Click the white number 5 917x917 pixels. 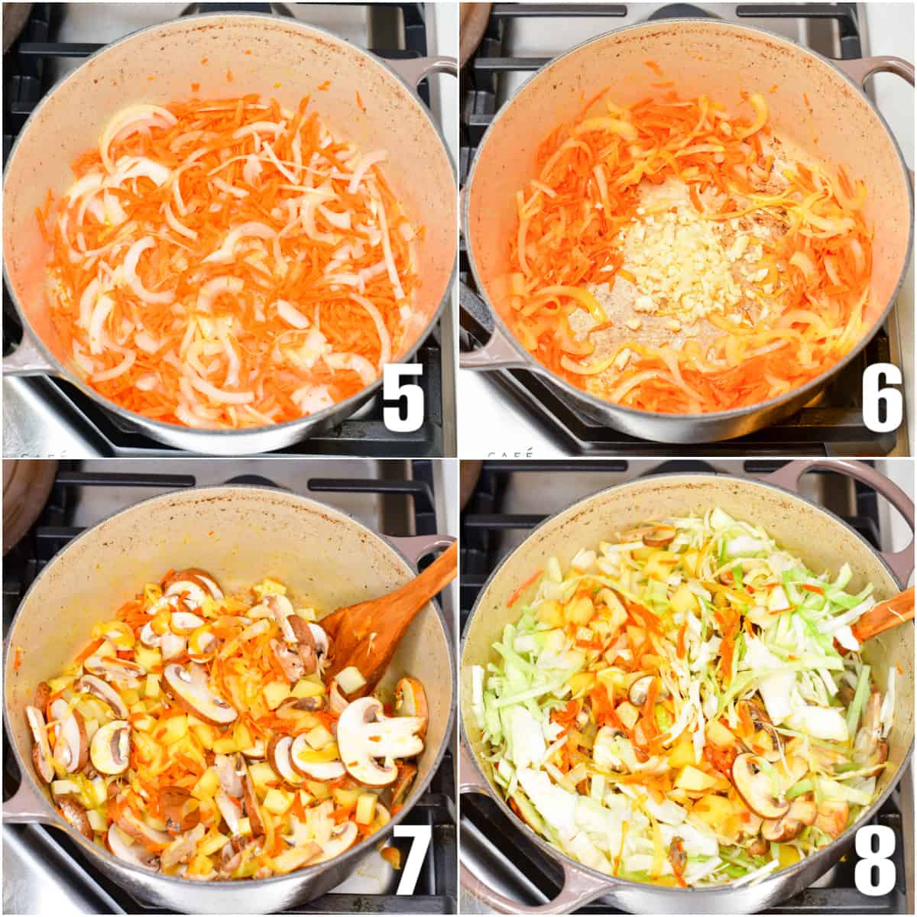pyautogui.click(x=403, y=403)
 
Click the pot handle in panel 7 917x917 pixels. pyautogui.click(x=436, y=546)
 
